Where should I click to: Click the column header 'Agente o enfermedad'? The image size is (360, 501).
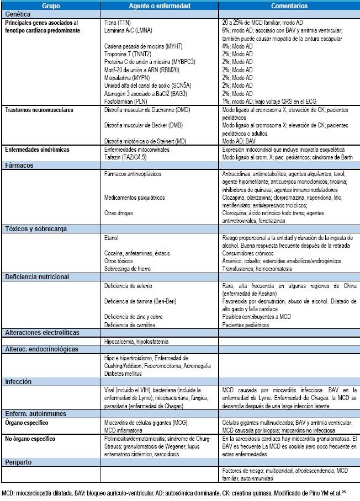[160, 6]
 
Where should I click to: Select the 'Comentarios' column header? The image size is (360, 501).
[289, 6]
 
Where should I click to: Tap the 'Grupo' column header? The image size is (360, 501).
[51, 6]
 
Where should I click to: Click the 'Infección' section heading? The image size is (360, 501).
[19, 382]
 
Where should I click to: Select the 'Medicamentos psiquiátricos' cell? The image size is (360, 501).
[134, 197]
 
